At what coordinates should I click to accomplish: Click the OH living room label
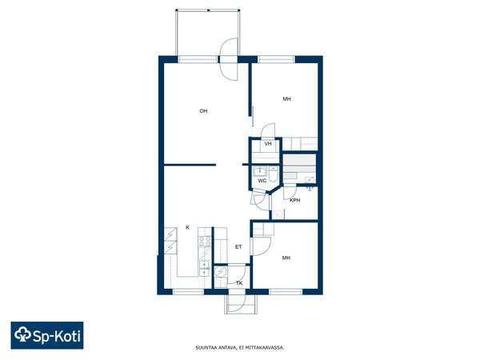pos(203,111)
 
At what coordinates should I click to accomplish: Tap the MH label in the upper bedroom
pos(286,99)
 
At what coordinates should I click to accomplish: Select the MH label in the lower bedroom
pos(286,258)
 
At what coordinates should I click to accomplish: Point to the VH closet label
pos(268,143)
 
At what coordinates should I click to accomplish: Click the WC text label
pos(262,181)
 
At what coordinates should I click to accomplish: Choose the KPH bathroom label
pos(294,200)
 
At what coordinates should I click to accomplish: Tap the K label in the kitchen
pos(188,227)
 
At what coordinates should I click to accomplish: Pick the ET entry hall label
pos(238,246)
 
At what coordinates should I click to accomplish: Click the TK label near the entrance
pos(239,283)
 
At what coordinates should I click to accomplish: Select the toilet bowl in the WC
pos(273,174)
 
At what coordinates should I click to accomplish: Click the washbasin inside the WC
pos(260,171)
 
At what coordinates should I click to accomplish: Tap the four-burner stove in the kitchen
pos(205,242)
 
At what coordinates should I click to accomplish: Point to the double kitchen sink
pos(205,269)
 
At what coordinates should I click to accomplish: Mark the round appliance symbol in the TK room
pos(220,271)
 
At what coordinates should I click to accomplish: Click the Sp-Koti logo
pos(47,335)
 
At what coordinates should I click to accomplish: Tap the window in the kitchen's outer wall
pos(188,291)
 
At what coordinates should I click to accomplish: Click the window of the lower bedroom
pos(286,291)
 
